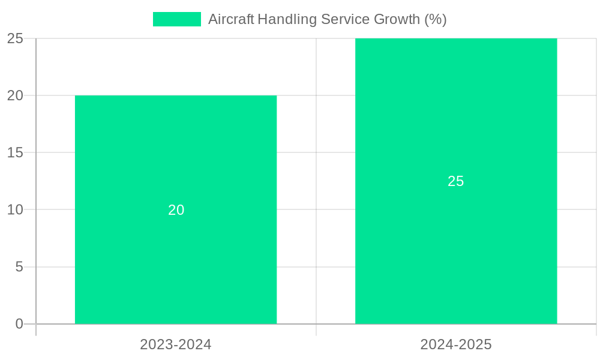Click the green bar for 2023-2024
176,264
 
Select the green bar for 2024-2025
456,252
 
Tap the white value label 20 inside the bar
176,210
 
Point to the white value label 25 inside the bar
456,181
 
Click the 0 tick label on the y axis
19,324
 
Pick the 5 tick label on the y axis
19,266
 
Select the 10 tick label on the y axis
15,209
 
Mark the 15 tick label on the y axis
15,152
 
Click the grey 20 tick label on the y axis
15,95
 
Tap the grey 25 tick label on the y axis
15,38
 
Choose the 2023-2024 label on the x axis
176,344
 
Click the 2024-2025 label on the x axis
456,344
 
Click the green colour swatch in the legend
177,19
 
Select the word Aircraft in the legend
231,19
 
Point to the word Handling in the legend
287,19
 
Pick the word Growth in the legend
397,19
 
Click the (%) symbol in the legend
436,19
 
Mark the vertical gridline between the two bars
316,180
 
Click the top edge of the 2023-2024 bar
176,96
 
